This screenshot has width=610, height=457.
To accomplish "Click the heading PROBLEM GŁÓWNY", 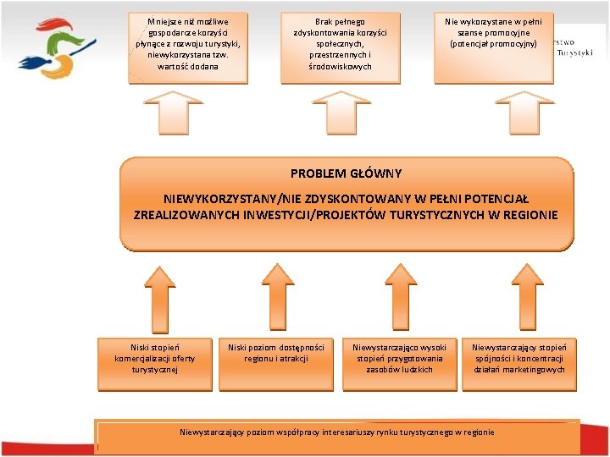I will [x=346, y=173].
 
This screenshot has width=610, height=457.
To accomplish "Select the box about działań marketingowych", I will [x=518, y=359].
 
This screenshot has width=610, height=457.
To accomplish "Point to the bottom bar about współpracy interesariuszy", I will [x=337, y=432].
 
